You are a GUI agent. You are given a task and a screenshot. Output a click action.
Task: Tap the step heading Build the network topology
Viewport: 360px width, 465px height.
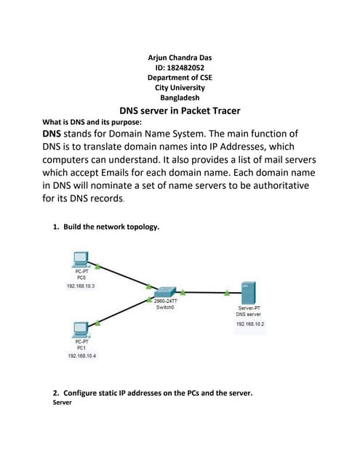(x=111, y=227)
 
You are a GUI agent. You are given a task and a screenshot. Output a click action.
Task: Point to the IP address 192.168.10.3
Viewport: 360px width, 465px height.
(x=81, y=286)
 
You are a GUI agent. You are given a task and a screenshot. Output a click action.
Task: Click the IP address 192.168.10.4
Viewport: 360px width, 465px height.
(x=81, y=355)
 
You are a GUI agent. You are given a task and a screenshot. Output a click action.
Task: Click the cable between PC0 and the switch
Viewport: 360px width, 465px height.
(x=121, y=275)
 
